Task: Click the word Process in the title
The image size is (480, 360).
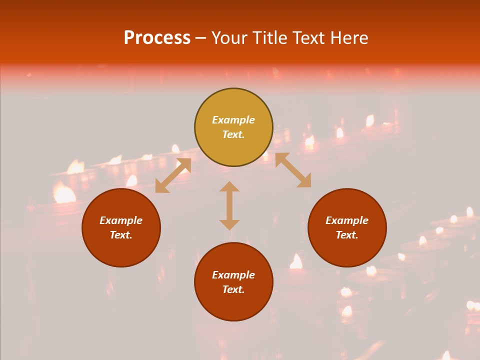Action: (x=157, y=38)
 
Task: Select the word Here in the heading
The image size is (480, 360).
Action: (x=348, y=38)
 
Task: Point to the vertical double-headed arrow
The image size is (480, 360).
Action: (x=229, y=205)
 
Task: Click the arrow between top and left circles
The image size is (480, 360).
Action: (x=173, y=175)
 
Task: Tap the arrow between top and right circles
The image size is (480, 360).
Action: (x=293, y=170)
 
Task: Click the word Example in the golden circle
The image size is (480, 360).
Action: (x=233, y=120)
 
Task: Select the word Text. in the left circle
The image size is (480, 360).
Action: (x=121, y=235)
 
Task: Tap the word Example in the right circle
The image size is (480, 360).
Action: (x=347, y=220)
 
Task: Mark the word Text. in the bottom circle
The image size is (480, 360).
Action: (x=233, y=289)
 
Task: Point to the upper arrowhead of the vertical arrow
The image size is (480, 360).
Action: (x=229, y=187)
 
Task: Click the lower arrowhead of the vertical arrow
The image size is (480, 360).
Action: (x=229, y=224)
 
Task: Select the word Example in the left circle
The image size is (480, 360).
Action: (x=121, y=220)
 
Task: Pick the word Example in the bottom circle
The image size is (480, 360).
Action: (x=233, y=275)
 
